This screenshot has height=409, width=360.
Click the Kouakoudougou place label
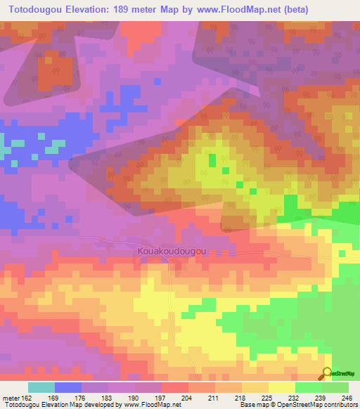click(172, 249)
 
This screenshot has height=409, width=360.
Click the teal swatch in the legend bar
click(41, 387)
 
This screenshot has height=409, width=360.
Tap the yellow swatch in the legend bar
click(281, 387)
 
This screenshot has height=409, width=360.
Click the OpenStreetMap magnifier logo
click(328, 374)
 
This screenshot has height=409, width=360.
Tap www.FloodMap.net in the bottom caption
click(141, 405)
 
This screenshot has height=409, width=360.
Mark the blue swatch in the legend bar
click(68, 387)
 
